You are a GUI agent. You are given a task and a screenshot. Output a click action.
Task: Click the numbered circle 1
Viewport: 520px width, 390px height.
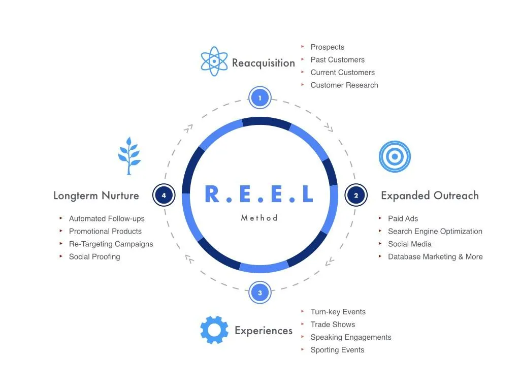click(x=260, y=97)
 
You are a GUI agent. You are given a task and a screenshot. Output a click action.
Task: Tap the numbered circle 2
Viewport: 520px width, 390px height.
click(x=356, y=195)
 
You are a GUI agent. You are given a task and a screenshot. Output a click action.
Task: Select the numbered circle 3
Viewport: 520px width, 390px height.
click(x=260, y=292)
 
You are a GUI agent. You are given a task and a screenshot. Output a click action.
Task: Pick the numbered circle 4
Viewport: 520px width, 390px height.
click(x=164, y=195)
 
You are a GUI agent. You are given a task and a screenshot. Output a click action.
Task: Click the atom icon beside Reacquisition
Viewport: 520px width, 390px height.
click(x=214, y=61)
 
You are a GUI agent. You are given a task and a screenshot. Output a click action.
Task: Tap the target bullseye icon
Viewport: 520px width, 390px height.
click(x=395, y=156)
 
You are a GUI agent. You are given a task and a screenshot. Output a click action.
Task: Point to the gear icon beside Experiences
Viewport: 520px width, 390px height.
click(x=214, y=330)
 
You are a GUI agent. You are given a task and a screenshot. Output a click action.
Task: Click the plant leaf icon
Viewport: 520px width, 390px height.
click(x=129, y=156)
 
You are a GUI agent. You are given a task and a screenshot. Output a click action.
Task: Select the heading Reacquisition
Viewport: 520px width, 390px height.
click(x=263, y=63)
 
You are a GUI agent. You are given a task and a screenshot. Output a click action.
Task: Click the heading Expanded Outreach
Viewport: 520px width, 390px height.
click(x=430, y=196)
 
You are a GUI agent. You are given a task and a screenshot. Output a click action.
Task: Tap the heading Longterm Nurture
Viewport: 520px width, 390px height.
click(x=96, y=196)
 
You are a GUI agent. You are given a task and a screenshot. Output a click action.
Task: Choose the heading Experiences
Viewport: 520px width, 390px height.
click(x=263, y=331)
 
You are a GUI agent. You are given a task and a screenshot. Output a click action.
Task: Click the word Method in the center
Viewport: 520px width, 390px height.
click(x=259, y=218)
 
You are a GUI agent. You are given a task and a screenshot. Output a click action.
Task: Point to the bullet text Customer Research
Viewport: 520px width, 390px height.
click(x=344, y=85)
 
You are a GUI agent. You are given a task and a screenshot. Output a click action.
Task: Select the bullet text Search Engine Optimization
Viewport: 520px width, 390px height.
click(x=435, y=231)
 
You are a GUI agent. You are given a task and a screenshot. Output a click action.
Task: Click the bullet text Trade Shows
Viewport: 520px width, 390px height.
click(x=333, y=324)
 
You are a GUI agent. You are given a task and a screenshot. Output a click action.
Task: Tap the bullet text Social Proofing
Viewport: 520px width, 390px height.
click(x=94, y=256)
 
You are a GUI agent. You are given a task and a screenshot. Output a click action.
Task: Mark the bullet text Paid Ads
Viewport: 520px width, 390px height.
click(x=403, y=218)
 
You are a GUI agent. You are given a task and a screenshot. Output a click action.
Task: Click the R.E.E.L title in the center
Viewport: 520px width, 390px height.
click(x=259, y=194)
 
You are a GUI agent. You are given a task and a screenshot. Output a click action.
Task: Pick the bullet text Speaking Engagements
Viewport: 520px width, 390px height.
click(x=350, y=337)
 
